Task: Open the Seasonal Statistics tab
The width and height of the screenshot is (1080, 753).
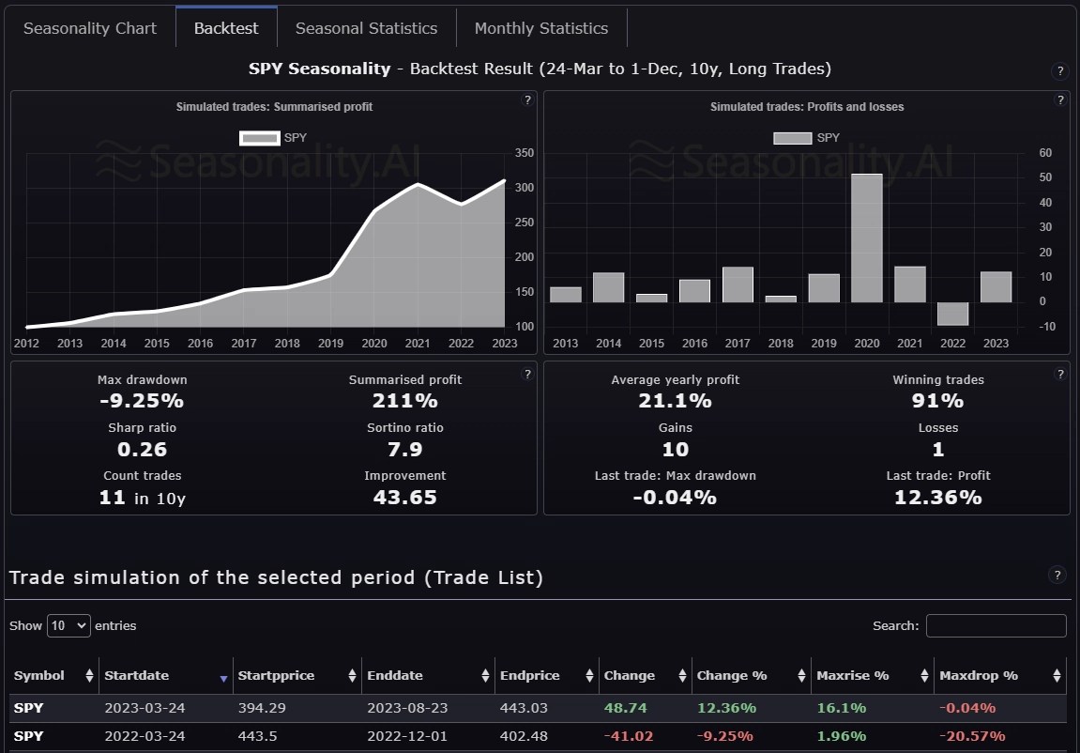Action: click(366, 28)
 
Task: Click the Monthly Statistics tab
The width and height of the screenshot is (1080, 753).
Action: click(541, 28)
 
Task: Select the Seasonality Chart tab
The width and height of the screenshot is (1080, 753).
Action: click(90, 28)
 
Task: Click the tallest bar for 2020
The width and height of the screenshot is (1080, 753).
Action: click(866, 238)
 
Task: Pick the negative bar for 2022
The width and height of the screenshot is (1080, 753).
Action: click(952, 314)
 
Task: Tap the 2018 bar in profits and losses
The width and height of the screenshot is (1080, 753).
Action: click(781, 299)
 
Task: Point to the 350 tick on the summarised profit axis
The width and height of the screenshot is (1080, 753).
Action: click(525, 153)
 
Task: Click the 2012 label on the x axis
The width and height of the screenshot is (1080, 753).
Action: click(26, 343)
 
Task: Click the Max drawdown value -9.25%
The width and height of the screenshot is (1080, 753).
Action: click(143, 401)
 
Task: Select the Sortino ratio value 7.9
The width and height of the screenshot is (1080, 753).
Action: click(405, 449)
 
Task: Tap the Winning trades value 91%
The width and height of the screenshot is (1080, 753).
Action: click(938, 401)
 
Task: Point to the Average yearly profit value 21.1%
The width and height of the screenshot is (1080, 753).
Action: click(676, 401)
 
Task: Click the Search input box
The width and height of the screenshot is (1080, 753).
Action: click(996, 625)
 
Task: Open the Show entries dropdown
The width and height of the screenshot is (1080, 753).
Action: click(68, 625)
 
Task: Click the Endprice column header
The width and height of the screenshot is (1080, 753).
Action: click(530, 675)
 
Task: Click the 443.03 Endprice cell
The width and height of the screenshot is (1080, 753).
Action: click(524, 708)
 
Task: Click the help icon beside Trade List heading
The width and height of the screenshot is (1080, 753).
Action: click(1057, 576)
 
